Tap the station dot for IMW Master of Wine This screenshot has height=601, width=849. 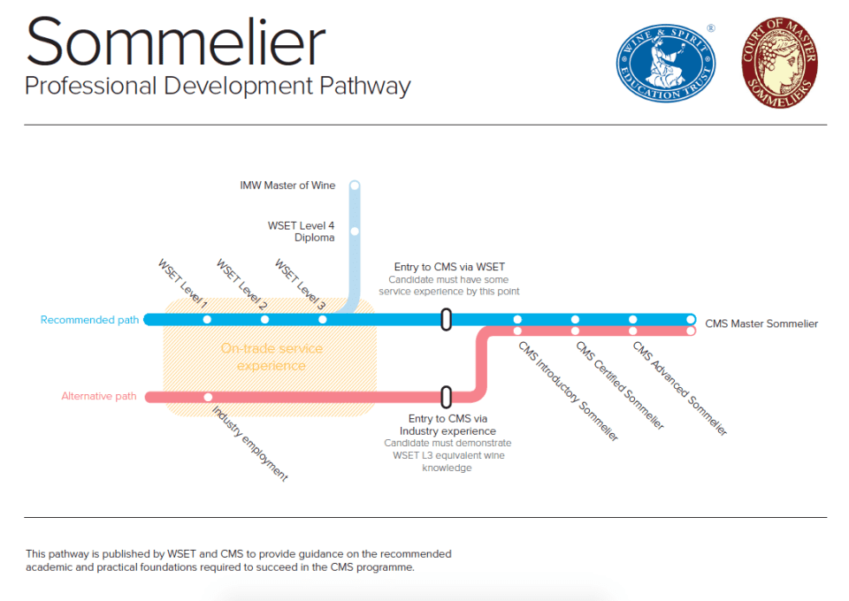coord(355,186)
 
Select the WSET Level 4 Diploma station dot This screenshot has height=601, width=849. coord(355,232)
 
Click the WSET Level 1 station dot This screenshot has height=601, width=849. coord(207,319)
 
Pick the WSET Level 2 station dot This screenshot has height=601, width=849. coord(264,319)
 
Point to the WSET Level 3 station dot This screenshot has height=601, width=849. coord(322,319)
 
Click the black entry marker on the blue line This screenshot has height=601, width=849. coord(447,319)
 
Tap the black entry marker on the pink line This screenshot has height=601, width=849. coord(447,397)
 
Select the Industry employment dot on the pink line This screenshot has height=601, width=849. coord(208,397)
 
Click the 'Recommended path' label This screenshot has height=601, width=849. coord(89,320)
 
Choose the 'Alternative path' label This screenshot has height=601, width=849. coord(99,397)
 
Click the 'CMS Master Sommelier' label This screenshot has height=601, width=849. coord(761,323)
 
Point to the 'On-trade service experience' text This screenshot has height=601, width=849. coord(272,357)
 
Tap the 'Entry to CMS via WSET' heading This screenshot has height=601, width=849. coord(449,266)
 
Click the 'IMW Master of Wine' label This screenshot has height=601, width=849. coord(287,186)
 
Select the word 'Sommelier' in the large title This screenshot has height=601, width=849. coord(175,42)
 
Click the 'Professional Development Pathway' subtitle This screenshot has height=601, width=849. coord(218,87)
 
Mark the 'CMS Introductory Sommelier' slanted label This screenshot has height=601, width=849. coord(568,391)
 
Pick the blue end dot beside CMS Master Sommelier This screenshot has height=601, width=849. coord(691,319)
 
